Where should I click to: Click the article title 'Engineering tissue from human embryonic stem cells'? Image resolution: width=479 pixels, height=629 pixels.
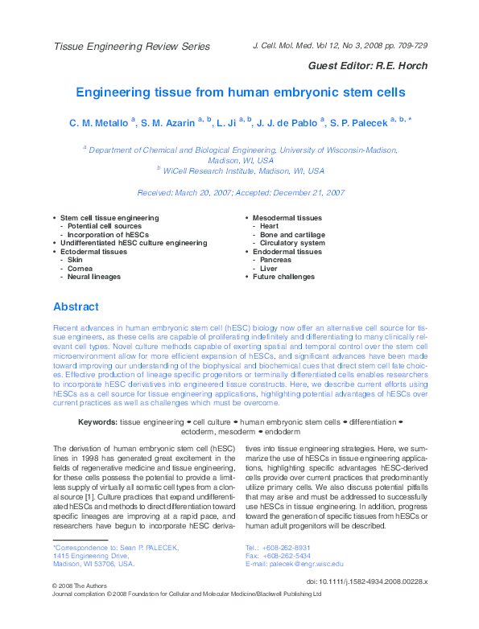coord(239,92)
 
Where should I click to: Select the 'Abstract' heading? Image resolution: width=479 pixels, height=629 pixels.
coord(76,306)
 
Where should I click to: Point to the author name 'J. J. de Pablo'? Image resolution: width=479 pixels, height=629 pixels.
coord(287,123)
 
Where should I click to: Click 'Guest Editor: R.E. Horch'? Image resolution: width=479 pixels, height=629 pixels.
coord(368,65)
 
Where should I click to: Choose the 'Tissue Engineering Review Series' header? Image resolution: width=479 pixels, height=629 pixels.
coord(131,47)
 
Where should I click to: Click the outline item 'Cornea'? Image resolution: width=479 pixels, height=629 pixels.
coord(80,268)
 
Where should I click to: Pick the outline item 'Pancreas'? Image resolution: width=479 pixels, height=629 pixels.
coord(275,260)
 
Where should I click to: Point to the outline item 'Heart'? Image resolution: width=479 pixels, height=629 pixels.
coord(268,226)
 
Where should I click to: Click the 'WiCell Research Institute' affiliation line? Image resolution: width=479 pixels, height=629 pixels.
coord(244,171)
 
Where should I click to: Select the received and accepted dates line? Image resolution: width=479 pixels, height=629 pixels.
coord(241,193)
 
